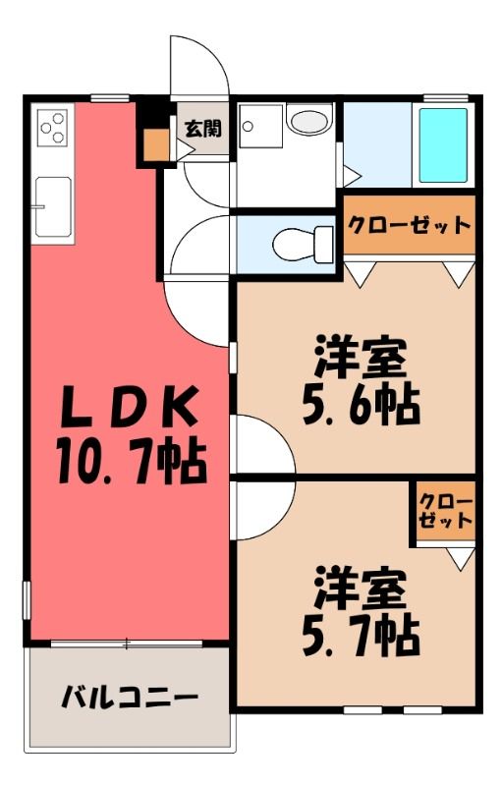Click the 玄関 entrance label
pos(203,129)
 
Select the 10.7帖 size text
pos(132,462)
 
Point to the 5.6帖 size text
pos(361,404)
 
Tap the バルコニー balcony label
pos(130,698)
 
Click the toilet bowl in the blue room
pos(303,244)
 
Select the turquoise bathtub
pos(443,145)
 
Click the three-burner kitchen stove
pos(53,128)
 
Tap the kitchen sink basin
pos(53,206)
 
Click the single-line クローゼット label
pos(410,225)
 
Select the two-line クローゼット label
pos(445,511)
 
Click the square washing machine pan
pos(260,126)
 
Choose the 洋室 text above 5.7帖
pos(361,587)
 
